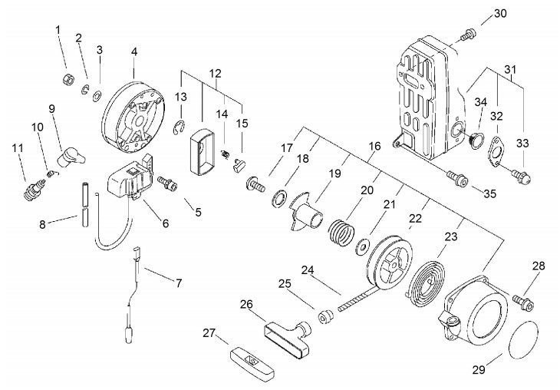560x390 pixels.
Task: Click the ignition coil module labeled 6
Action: point(130,177)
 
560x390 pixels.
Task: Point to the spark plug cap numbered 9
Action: point(71,157)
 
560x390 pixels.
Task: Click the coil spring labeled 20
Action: point(341,233)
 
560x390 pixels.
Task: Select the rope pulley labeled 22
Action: point(390,262)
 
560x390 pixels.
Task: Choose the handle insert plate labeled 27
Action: point(252,362)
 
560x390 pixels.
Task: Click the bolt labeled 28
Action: point(523,302)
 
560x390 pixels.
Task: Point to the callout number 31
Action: point(511,68)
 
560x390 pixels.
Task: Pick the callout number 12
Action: point(216,74)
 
